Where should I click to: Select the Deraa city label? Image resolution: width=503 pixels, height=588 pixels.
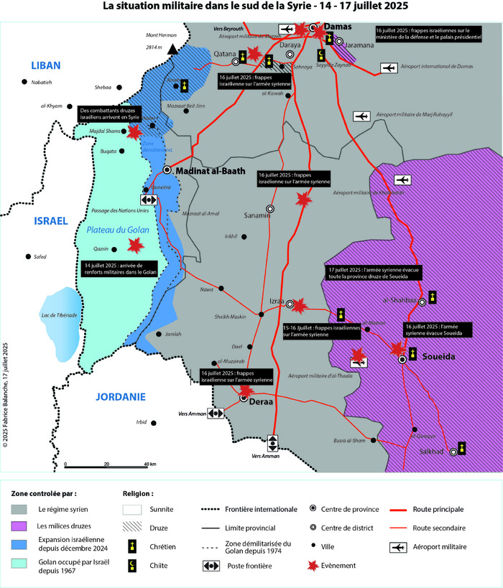262,402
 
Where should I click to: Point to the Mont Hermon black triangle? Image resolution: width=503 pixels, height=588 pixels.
172,50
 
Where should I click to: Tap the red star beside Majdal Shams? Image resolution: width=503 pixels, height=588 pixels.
133,131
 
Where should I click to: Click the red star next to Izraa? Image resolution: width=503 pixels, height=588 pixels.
300,305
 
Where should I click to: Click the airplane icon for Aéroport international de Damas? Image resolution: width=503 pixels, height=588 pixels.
389,68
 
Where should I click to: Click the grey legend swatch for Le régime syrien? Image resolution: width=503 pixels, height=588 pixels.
24,509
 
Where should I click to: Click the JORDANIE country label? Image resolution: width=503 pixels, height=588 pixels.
120,396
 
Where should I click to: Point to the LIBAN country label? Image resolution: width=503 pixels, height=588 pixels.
45,66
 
